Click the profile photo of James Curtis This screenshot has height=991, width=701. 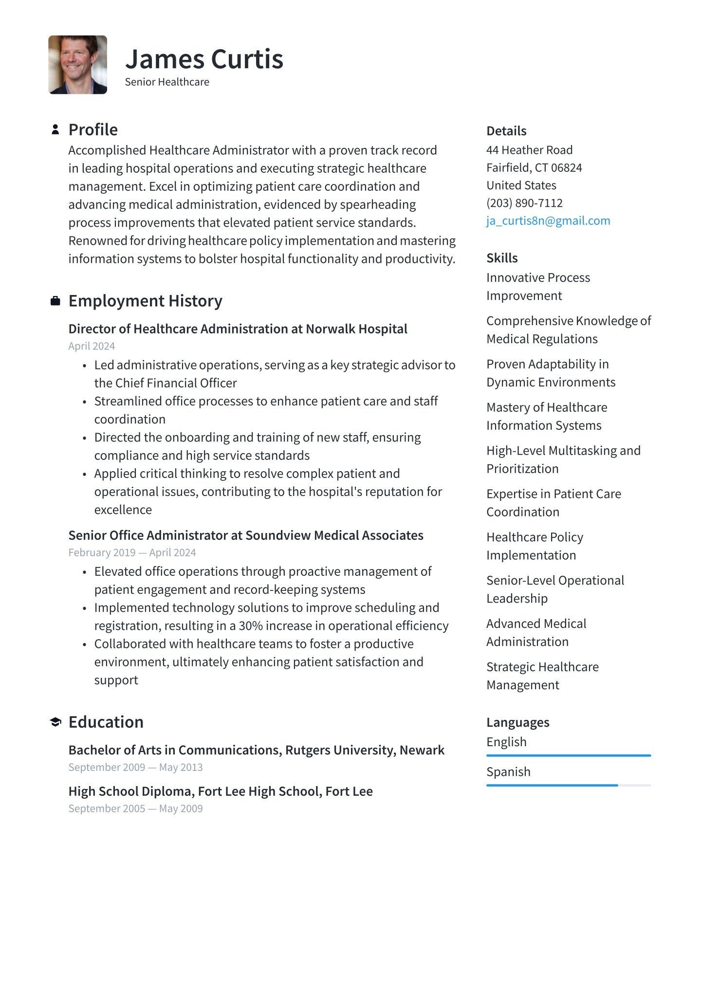coord(77,65)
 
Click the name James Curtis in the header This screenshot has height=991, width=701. coord(204,59)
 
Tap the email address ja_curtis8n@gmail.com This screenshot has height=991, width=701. coord(548,220)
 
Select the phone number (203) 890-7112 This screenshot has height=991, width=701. coord(524,203)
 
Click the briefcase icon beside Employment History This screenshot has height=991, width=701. coord(55,301)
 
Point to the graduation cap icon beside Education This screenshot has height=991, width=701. coord(55,722)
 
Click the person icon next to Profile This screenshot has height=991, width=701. coord(55,129)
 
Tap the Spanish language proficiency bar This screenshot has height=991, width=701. coord(568,785)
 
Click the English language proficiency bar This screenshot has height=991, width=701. coord(568,755)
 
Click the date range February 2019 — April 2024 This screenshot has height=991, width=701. coord(132,552)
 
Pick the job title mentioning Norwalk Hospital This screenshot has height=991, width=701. coord(238,329)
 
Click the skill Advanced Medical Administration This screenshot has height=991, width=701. coord(536,632)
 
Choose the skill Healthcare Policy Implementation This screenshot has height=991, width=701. coord(534,546)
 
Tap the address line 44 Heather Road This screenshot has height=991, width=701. coord(529,150)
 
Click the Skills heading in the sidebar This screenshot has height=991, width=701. coord(502,258)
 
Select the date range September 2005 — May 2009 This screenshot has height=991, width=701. coord(135,808)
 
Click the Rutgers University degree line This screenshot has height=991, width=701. coord(256,750)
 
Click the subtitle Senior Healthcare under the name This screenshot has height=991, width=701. coord(167,82)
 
